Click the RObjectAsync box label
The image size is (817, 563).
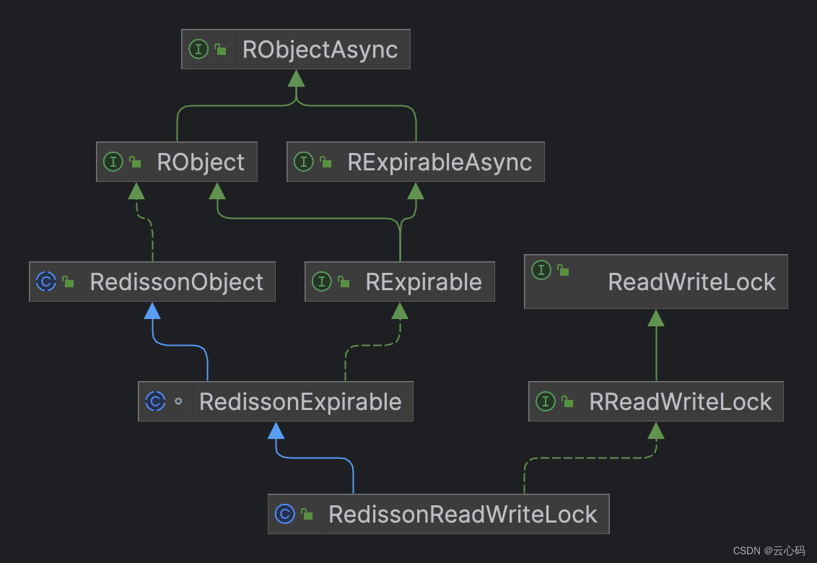320,50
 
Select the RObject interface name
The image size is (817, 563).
201,162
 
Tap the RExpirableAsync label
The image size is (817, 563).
440,162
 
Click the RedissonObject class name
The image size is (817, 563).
177,282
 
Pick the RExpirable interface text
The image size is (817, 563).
424,282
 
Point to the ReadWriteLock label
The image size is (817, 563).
691,282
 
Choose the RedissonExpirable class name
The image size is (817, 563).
300,402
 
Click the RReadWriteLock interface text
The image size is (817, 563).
681,402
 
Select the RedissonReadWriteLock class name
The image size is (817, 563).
463,515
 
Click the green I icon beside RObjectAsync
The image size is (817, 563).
198,49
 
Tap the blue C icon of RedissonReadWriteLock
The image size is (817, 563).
285,514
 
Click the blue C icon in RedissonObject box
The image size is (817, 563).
46,281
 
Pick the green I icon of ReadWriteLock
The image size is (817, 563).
541,271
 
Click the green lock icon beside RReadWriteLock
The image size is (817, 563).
568,402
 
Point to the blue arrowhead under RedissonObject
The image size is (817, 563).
152,310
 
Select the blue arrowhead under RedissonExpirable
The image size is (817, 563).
276,430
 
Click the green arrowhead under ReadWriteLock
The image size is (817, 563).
655,318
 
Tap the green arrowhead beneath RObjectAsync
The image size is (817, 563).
296,78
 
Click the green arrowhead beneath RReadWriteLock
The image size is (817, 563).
655,431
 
